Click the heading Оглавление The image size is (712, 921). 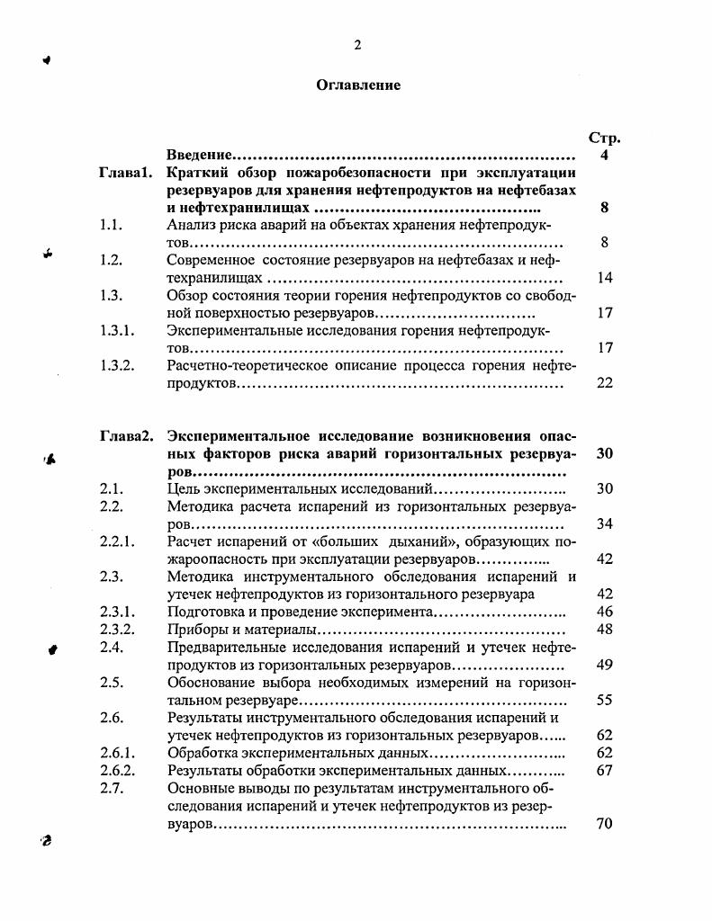point(358,85)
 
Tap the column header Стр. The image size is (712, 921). point(605,139)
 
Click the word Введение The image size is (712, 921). point(201,156)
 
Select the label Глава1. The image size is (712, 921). point(125,173)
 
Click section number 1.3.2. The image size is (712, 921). point(117,365)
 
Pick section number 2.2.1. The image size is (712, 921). point(117,541)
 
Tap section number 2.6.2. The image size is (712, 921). point(117,771)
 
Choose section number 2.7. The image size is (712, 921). point(112,789)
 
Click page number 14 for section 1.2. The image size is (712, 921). point(605,278)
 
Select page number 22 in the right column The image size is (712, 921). point(605,383)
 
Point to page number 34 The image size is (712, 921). point(605,523)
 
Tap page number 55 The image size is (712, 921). point(605,700)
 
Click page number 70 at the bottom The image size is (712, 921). point(605,823)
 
